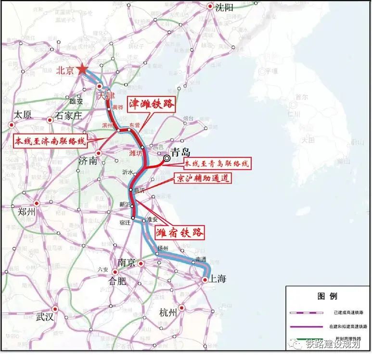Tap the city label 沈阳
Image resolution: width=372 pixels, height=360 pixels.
tap(224, 7)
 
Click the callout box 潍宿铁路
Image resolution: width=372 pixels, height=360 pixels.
tap(180, 233)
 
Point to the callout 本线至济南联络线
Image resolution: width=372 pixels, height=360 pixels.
tap(50, 141)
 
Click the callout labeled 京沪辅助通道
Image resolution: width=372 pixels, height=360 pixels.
tap(202, 178)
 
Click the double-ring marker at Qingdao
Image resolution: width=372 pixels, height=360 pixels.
tap(167, 158)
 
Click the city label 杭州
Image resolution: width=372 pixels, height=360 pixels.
tap(168, 313)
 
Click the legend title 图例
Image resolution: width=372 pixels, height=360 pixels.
tap(327, 295)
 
